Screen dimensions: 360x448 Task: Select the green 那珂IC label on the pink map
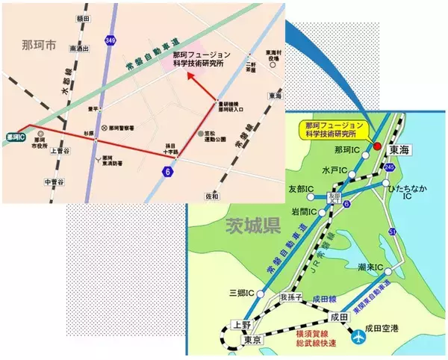[x=13, y=137]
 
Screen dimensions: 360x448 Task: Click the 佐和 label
[x=212, y=196]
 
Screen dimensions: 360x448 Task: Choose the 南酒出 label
[x=78, y=49]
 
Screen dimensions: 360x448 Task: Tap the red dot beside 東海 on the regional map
[x=377, y=145]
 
